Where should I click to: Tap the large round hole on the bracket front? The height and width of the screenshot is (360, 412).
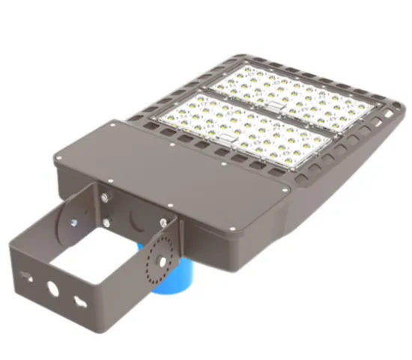52,287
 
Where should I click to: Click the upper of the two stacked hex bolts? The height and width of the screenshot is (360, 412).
105,198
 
